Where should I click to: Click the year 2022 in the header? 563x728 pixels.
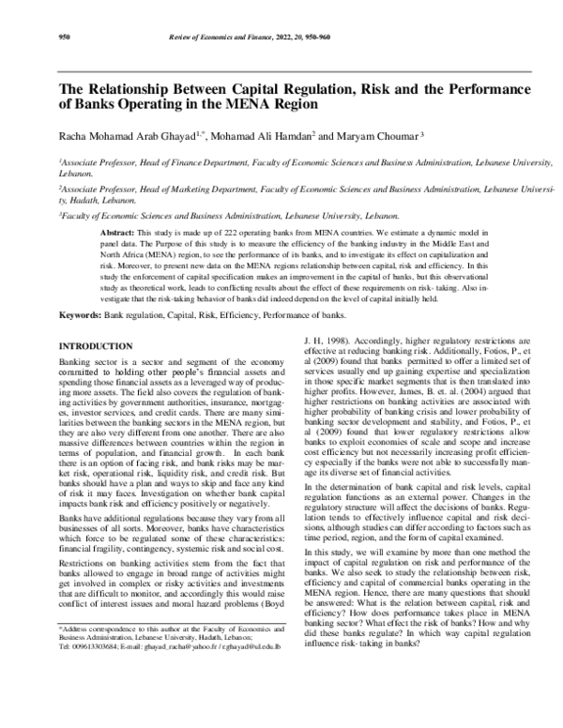pyautogui.click(x=307, y=39)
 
